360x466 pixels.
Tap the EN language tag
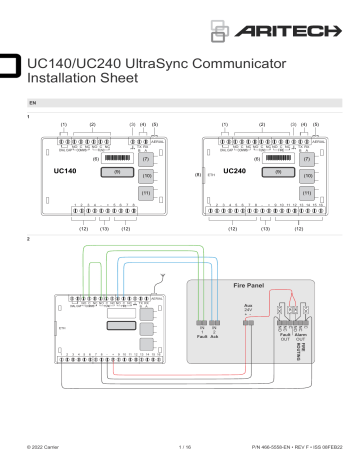(x=35, y=103)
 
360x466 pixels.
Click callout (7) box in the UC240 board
(x=311, y=158)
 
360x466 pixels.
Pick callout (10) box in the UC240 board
(x=311, y=175)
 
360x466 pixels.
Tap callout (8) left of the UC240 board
(x=199, y=174)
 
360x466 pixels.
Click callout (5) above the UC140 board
(x=154, y=124)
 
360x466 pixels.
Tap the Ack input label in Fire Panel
(x=216, y=337)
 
